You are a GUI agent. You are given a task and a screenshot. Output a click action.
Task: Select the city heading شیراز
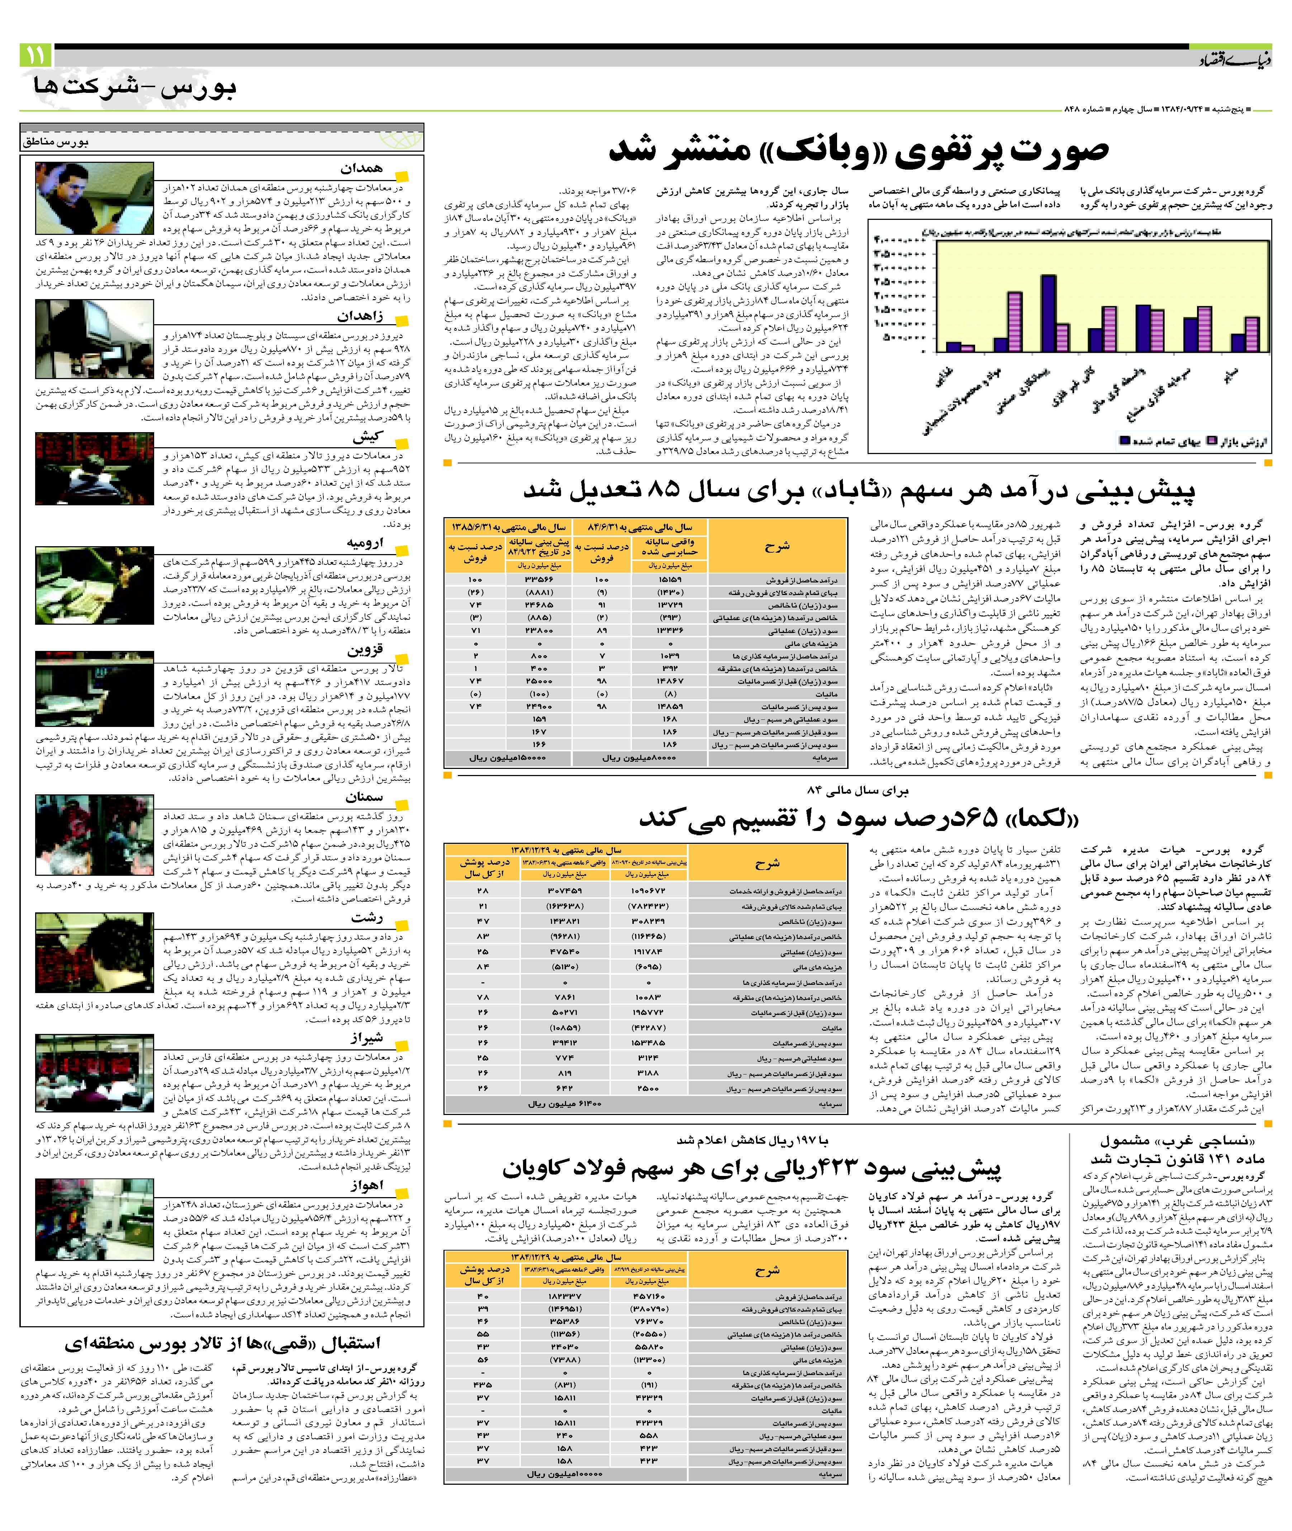366,1038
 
